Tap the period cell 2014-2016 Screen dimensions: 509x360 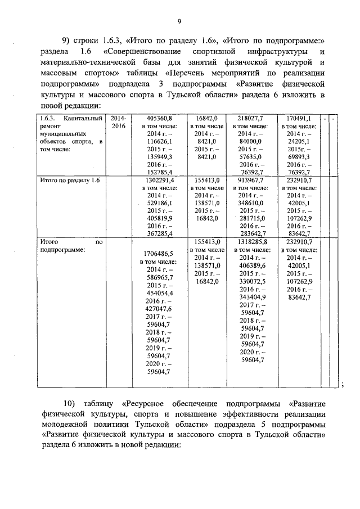click(x=119, y=123)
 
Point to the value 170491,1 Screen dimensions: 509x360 click(x=299, y=119)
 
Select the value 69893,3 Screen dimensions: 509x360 click(x=299, y=157)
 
